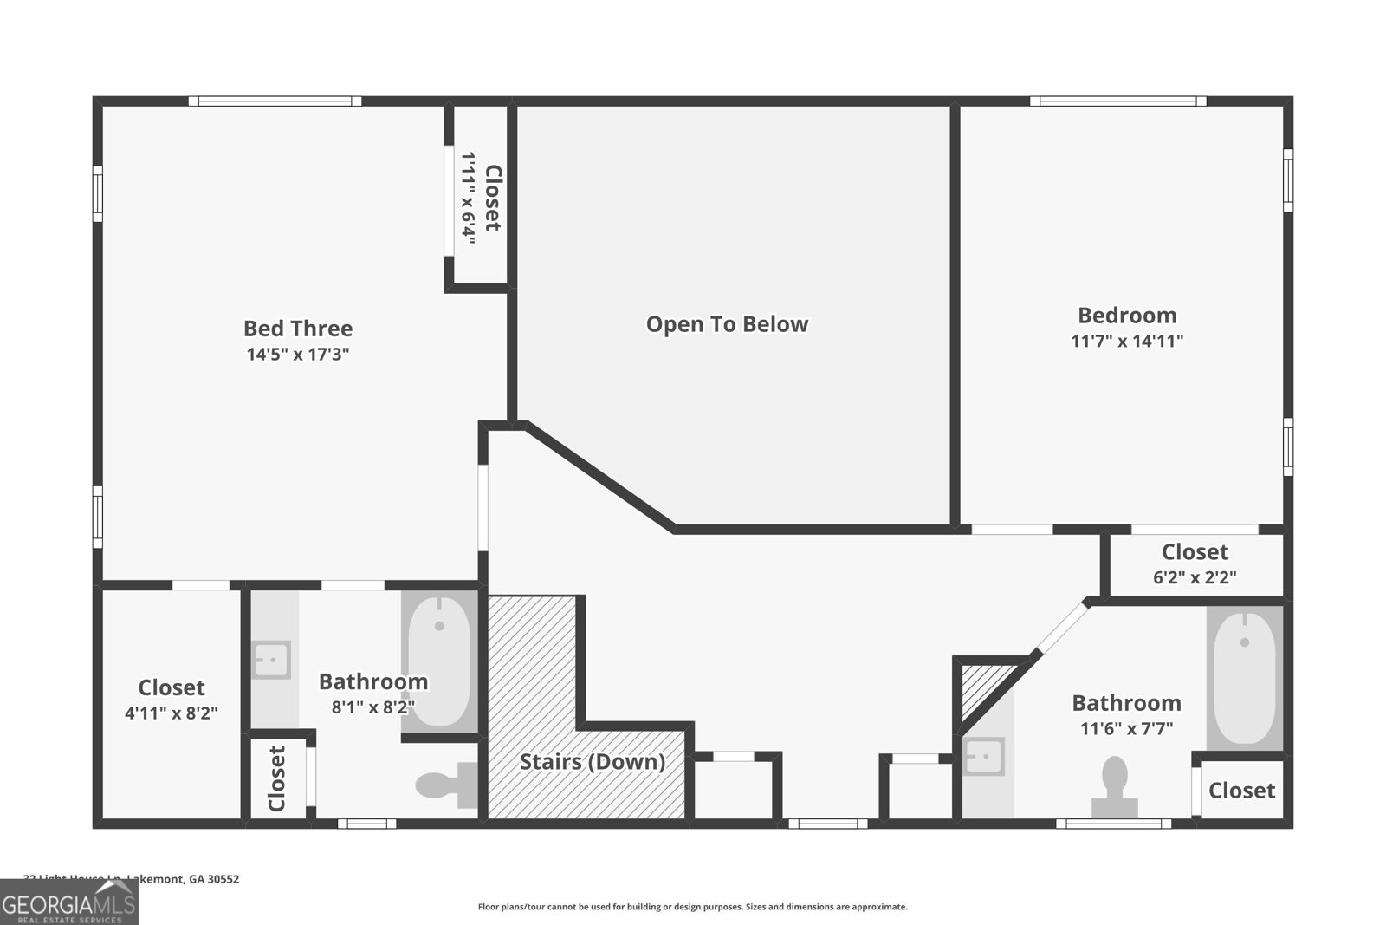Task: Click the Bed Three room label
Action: point(298,329)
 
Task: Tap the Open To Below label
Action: point(727,324)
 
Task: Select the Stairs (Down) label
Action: point(593,762)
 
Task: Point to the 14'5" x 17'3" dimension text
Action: point(298,355)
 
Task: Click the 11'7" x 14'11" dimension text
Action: point(1127,341)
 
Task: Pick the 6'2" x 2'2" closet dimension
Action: point(1195,576)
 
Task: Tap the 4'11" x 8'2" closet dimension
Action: point(172,713)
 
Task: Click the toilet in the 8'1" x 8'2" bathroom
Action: point(445,785)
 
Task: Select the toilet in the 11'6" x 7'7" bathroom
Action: point(1115,787)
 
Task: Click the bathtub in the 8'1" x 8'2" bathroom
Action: point(439,661)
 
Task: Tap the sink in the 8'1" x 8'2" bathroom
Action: point(271,660)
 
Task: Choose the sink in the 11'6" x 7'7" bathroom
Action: point(984,756)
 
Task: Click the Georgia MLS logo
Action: point(68,902)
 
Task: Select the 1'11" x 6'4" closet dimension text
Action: point(469,198)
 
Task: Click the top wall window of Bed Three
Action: point(275,101)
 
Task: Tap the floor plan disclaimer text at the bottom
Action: point(693,907)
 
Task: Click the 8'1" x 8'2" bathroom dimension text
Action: point(373,707)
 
